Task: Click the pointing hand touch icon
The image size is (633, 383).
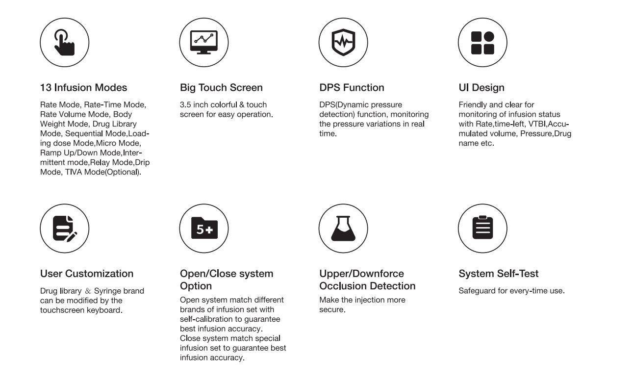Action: click(64, 42)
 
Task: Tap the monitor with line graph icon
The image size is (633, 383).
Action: click(204, 42)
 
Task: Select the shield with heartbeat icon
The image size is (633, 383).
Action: click(343, 42)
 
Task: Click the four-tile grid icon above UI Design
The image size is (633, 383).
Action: click(482, 42)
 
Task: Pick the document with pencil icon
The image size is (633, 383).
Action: click(64, 229)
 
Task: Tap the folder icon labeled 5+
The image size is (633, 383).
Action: click(204, 229)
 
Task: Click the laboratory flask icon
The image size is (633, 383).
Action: click(343, 229)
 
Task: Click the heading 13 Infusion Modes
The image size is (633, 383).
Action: click(84, 88)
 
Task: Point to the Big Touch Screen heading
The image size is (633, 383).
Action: click(221, 88)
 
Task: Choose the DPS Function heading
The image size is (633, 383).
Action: click(352, 88)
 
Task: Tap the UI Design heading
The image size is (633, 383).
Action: click(481, 88)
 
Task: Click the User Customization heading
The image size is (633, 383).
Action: click(87, 274)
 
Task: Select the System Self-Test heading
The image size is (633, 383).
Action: click(499, 274)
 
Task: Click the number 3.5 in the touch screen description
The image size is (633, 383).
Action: click(185, 105)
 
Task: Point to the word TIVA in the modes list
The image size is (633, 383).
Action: click(74, 172)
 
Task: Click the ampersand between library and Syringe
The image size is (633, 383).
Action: click(88, 291)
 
